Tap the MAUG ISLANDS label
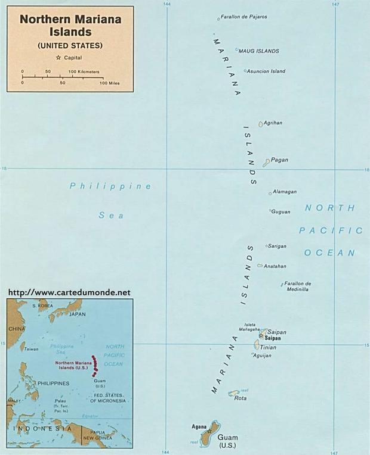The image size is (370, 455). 258,51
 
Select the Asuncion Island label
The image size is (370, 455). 266,71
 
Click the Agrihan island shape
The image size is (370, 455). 261,124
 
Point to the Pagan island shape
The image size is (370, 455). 266,162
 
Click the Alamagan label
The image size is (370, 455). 284,192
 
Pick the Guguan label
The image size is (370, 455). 280,211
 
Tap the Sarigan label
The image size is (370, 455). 277,246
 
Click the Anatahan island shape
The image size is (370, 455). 260,266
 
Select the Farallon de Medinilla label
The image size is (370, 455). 297,286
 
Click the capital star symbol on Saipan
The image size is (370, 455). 261,336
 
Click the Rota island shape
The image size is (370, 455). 234,393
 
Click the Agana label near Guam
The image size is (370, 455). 199,426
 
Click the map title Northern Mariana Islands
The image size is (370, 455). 70,24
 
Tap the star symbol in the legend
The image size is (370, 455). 58,57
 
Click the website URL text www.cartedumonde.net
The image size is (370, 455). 69,292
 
